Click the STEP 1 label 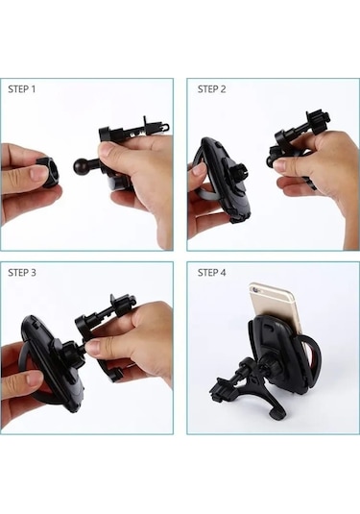[x=22, y=89]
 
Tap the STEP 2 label [x=211, y=89]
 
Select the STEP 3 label [x=22, y=273]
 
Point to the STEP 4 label [x=211, y=273]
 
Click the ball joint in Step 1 [x=81, y=166]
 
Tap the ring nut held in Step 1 [x=49, y=171]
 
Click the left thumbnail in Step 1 [x=36, y=173]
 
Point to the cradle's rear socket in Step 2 [x=238, y=173]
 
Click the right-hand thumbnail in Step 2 [x=280, y=164]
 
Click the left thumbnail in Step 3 [x=35, y=379]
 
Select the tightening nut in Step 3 [x=70, y=355]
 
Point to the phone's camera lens [x=254, y=289]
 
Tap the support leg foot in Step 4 [x=276, y=414]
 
